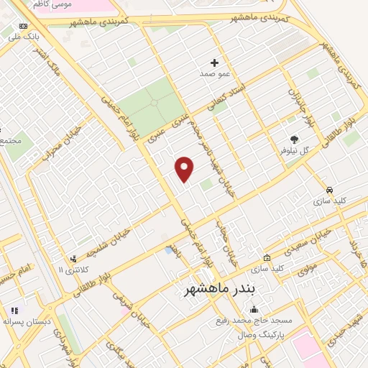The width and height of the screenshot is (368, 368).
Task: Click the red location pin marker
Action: pyautogui.click(x=185, y=168)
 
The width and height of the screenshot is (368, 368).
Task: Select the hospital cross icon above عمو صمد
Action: pyautogui.click(x=214, y=63)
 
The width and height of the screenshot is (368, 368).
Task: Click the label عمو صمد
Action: pyautogui.click(x=215, y=73)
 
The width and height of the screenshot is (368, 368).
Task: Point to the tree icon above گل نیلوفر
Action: pyautogui.click(x=293, y=139)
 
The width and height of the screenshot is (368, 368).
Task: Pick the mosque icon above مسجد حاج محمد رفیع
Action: pyautogui.click(x=253, y=309)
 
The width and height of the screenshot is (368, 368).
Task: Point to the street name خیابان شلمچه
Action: pyautogui.click(x=108, y=241)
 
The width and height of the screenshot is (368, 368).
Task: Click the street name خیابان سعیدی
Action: pyautogui.click(x=310, y=241)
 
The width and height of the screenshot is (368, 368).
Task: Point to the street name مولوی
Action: pyautogui.click(x=308, y=271)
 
